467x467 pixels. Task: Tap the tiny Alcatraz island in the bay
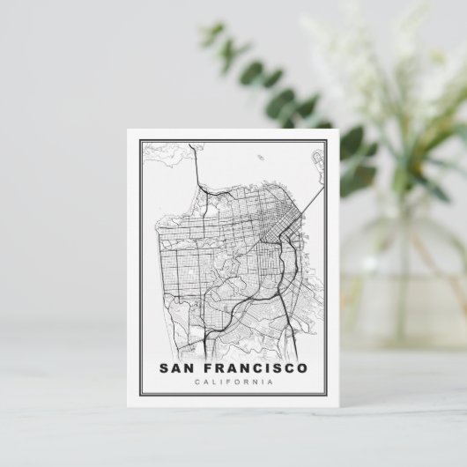[263, 159]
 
